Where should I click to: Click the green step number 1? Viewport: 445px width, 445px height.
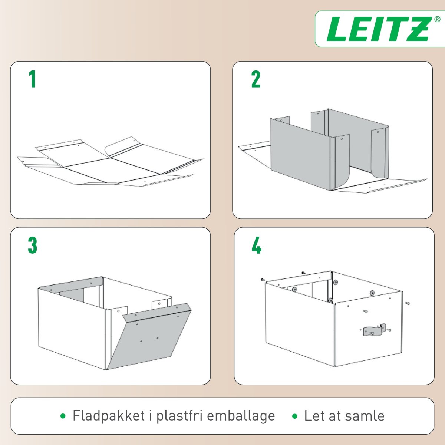click(x=33, y=79)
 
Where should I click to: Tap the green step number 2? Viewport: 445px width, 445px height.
click(x=256, y=79)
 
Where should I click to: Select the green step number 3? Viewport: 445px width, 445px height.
click(x=33, y=245)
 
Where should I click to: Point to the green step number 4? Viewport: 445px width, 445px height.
click(x=256, y=245)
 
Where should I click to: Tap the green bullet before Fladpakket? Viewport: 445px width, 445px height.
click(x=63, y=416)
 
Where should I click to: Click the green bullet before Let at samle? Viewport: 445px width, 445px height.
click(x=295, y=416)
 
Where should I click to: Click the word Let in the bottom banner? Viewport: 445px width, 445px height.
click(x=314, y=416)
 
